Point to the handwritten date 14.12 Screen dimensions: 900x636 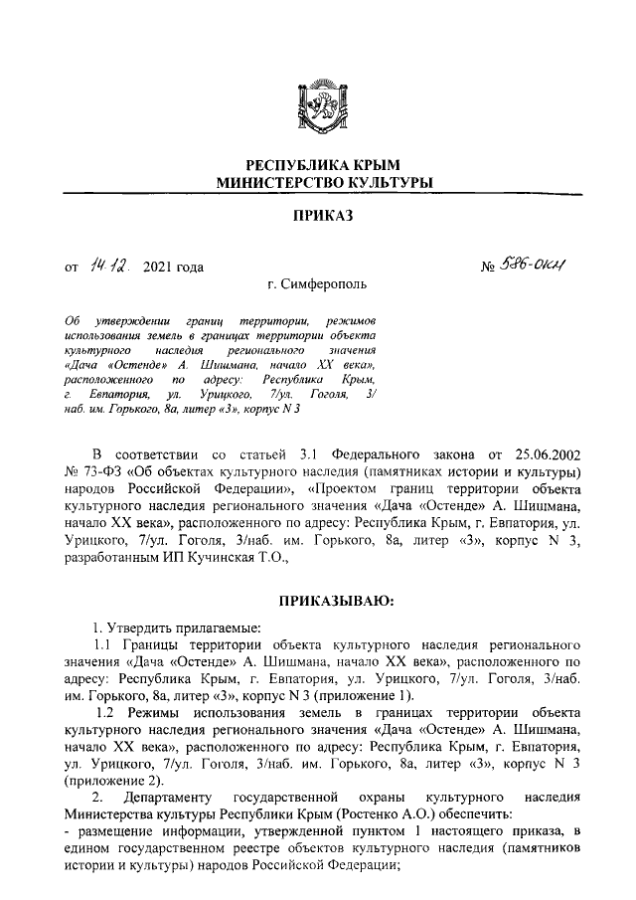pos(108,265)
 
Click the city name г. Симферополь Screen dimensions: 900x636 pos(317,284)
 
